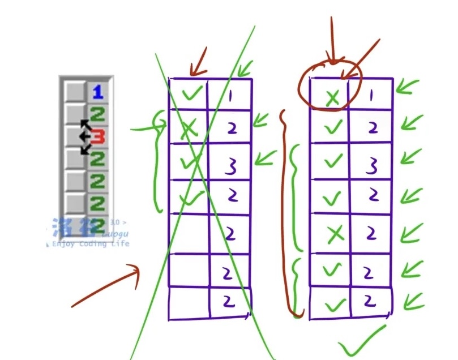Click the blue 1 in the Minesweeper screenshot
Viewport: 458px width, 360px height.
click(x=99, y=91)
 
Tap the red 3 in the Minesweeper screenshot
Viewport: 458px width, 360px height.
click(x=99, y=136)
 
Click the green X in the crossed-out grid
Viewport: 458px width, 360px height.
click(x=190, y=129)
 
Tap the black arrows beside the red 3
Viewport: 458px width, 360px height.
click(x=85, y=136)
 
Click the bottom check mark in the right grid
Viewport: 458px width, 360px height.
click(x=333, y=306)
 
